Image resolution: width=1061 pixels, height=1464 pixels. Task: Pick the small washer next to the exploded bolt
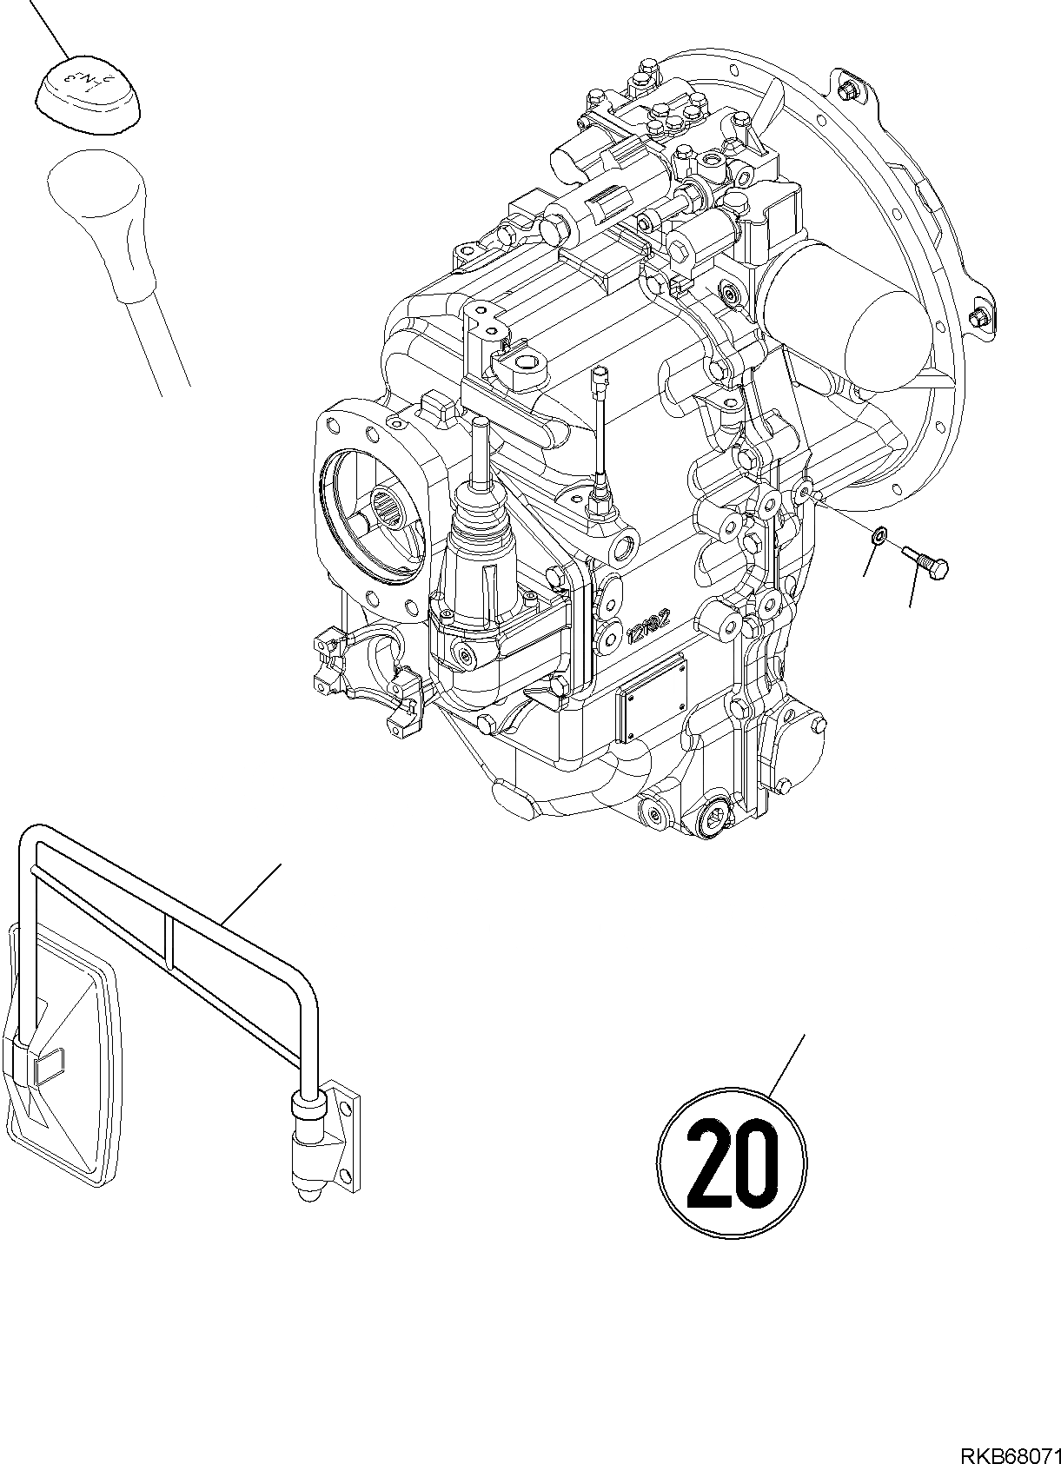(879, 538)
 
